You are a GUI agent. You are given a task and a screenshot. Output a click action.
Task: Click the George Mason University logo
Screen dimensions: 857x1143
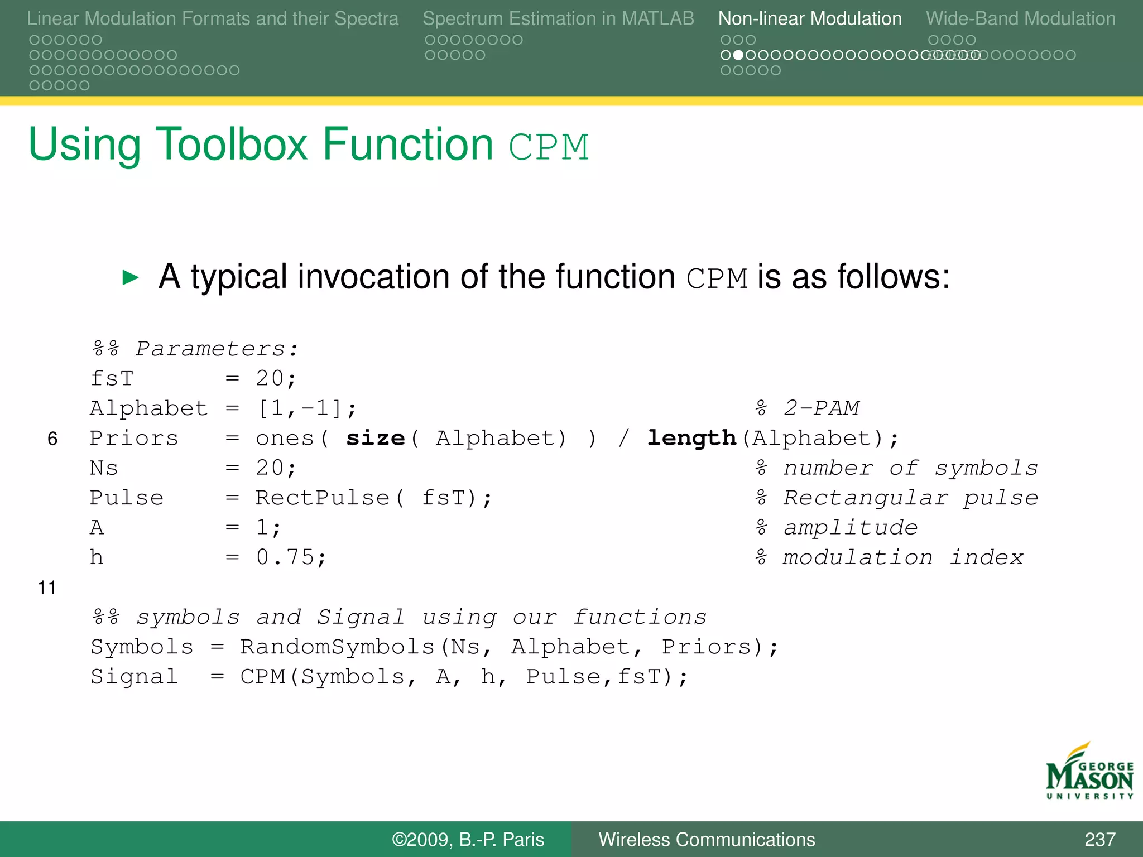pos(1089,772)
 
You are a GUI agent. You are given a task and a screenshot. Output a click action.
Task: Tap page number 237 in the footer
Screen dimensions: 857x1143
pos(1099,839)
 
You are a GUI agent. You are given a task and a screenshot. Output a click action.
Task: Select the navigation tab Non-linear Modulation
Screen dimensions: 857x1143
pos(809,18)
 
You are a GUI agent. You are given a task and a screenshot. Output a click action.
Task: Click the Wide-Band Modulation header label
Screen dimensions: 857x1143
pos(1020,18)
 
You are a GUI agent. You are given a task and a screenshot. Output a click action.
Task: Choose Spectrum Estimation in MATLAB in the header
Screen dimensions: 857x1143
pos(558,18)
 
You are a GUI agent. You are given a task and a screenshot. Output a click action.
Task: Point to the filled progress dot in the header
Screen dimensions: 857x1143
pos(738,55)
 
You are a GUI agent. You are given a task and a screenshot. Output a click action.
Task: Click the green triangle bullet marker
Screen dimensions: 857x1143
pos(131,277)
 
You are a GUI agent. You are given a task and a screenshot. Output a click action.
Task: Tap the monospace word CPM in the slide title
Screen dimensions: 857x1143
pos(549,147)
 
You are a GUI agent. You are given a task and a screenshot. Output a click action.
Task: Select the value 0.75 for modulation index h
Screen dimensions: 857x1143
pos(285,557)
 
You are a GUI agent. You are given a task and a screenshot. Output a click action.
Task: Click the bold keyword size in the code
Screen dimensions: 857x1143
pos(375,439)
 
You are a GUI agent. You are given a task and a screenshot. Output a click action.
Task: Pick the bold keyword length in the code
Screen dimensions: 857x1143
pos(691,439)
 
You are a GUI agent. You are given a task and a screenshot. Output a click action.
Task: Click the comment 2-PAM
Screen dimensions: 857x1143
pos(821,408)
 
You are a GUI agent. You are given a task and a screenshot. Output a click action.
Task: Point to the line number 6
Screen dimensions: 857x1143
pos(52,439)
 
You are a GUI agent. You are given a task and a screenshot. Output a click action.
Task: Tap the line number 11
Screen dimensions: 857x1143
pos(47,588)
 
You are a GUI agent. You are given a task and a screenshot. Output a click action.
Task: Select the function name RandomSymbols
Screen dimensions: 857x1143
pos(337,647)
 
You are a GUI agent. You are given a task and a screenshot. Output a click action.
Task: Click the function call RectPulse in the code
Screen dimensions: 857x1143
pos(322,498)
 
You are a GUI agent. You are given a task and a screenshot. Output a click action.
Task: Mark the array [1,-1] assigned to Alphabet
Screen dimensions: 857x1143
pos(300,408)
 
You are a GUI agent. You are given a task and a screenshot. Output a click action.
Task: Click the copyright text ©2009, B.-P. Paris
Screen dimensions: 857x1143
pos(468,839)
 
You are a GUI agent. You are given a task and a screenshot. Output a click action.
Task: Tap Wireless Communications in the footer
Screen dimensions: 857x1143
pos(707,839)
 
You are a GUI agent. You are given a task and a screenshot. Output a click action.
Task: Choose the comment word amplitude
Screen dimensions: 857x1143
pos(850,528)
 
